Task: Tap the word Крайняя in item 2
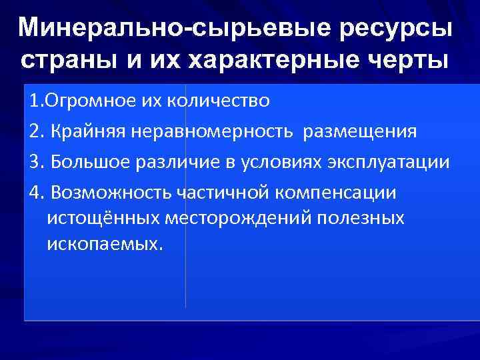pyautogui.click(x=83, y=132)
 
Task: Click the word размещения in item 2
pyautogui.click(x=360, y=132)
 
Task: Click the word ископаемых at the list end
pyautogui.click(x=104, y=244)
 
